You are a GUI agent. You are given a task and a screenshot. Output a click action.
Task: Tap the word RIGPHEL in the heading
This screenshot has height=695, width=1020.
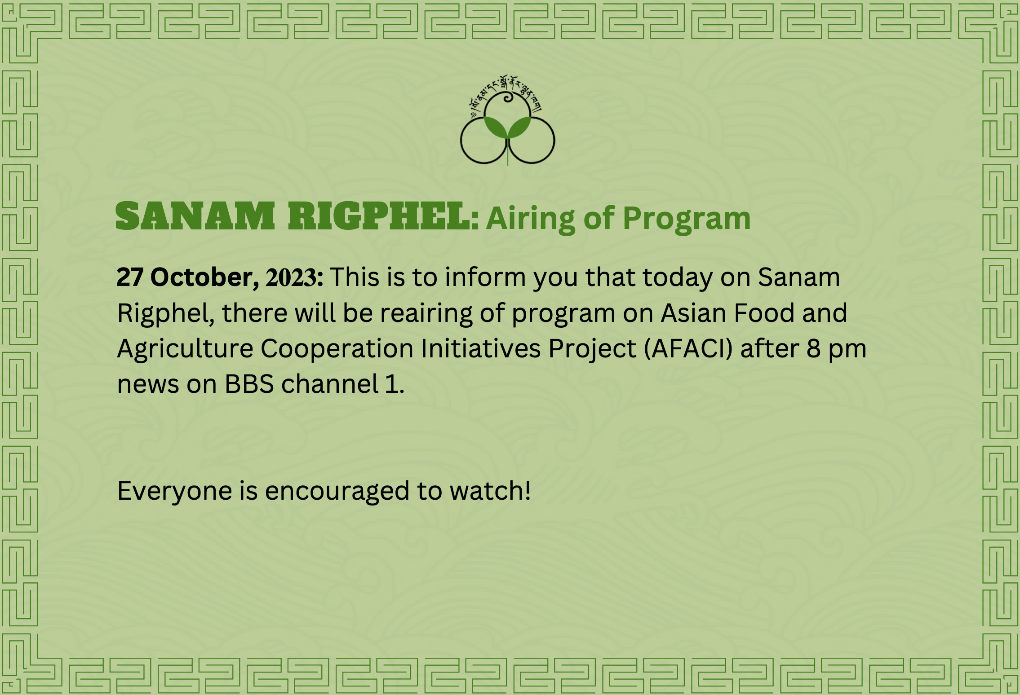[x=380, y=216]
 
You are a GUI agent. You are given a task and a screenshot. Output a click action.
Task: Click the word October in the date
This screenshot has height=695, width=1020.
[x=204, y=277]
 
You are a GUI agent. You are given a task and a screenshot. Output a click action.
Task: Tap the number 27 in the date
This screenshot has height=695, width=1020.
[x=130, y=277]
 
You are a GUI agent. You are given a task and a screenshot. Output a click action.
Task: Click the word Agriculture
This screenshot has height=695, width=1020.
[x=185, y=349]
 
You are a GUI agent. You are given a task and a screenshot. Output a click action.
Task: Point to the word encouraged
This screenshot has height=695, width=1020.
[x=337, y=491]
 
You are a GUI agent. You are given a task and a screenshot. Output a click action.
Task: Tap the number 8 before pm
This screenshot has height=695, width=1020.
[x=813, y=348]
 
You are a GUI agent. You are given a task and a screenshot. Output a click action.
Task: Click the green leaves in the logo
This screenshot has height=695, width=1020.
[x=507, y=127]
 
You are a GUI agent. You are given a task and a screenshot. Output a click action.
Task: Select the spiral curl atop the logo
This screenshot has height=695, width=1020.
[x=507, y=97]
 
